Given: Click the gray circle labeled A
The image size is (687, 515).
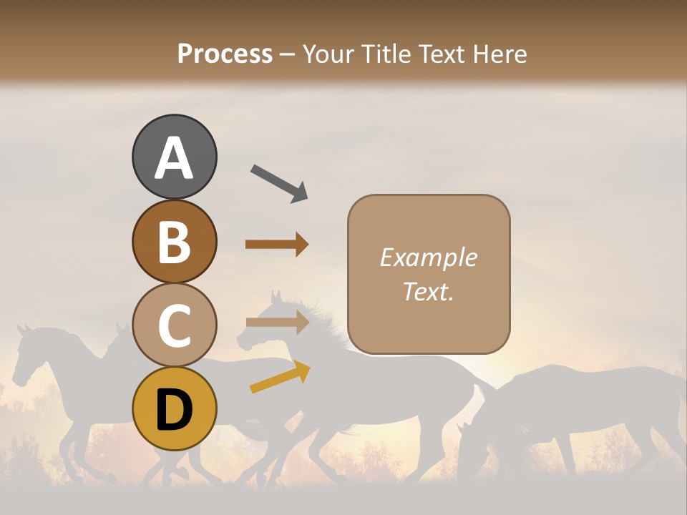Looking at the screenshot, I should [x=174, y=157].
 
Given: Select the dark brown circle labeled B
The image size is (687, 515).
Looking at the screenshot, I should [x=174, y=242].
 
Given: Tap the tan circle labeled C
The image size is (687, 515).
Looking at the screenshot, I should [x=174, y=325].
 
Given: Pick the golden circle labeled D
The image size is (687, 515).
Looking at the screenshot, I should [x=174, y=409].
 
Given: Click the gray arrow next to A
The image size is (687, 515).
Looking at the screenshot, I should [x=278, y=182].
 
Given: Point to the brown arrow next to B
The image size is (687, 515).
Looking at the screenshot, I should [x=276, y=245].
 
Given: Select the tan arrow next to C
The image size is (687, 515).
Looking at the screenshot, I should [x=276, y=323].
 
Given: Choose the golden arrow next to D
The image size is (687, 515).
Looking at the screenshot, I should [x=280, y=377].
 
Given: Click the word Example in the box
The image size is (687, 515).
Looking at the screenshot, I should [x=428, y=257].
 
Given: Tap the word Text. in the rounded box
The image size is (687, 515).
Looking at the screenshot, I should [x=428, y=291].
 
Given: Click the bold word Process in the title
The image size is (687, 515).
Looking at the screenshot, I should [x=225, y=54].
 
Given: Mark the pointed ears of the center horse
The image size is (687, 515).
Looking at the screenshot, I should [x=276, y=296].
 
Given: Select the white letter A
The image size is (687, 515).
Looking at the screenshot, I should [x=174, y=158].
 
